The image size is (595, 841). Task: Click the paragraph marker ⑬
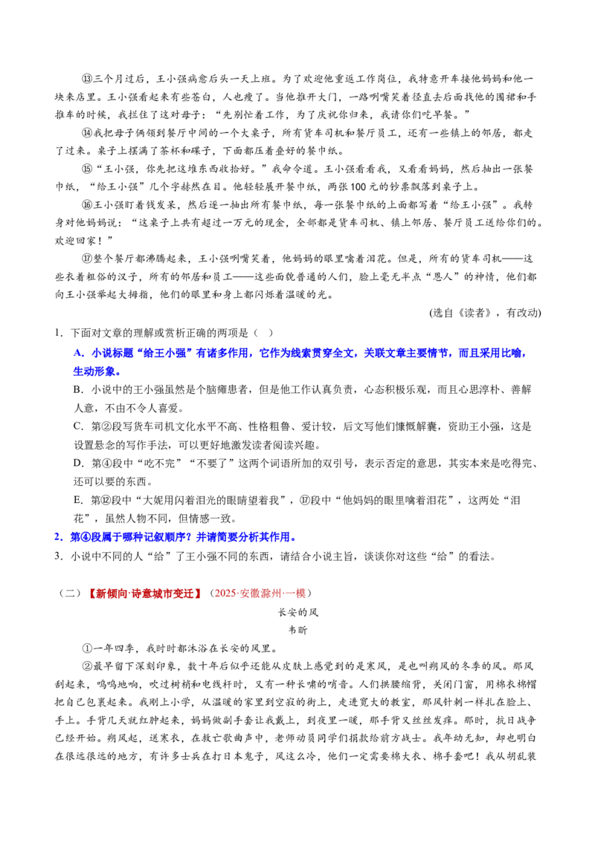click(88, 79)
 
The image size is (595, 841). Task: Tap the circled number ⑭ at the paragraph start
click(88, 132)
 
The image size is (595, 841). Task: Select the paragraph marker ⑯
click(88, 205)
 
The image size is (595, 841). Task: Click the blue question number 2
click(58, 537)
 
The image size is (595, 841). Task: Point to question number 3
click(58, 556)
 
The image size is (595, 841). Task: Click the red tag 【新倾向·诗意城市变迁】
click(145, 593)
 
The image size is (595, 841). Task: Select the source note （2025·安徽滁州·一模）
click(260, 593)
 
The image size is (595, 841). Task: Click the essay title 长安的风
click(298, 612)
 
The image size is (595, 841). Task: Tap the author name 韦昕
click(298, 630)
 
